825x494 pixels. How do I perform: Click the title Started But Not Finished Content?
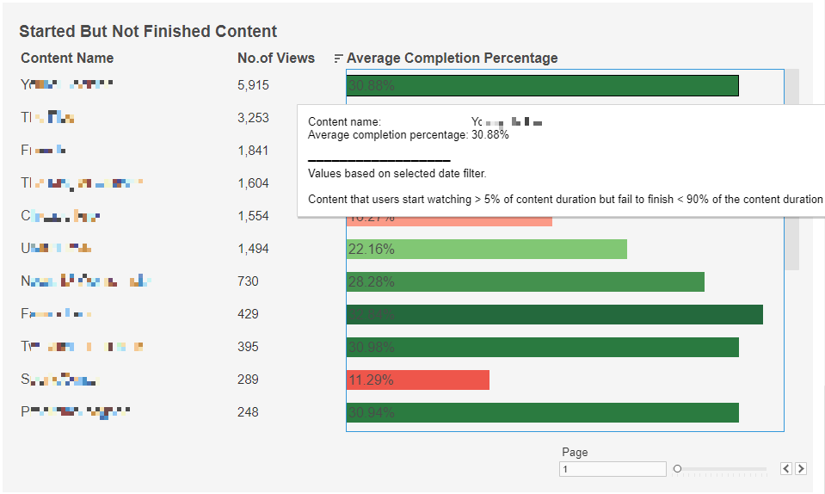click(x=148, y=32)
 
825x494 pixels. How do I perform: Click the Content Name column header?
click(x=67, y=59)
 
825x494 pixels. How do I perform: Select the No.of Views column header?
click(x=276, y=59)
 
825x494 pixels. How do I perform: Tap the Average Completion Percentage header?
click(x=452, y=59)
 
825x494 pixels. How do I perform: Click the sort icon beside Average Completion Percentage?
click(x=337, y=59)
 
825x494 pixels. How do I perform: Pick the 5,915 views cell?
click(x=253, y=85)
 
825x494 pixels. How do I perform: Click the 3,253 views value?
click(x=253, y=118)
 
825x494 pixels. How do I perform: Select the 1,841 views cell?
click(x=253, y=151)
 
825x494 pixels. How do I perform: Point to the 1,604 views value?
click(x=253, y=183)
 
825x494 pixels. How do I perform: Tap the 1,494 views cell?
click(x=253, y=249)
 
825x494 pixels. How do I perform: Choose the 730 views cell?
click(x=248, y=281)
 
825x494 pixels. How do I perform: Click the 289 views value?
click(x=248, y=380)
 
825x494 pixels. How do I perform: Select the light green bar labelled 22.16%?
click(x=486, y=250)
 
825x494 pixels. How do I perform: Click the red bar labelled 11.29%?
click(x=418, y=380)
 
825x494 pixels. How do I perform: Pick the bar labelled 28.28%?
click(x=525, y=282)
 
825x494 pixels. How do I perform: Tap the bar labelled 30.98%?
click(x=542, y=347)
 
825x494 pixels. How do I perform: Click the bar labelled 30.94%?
click(x=542, y=412)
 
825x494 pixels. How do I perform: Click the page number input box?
click(x=612, y=469)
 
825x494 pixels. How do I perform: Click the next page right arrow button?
click(x=801, y=469)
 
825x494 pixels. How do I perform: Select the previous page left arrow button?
click(x=786, y=469)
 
